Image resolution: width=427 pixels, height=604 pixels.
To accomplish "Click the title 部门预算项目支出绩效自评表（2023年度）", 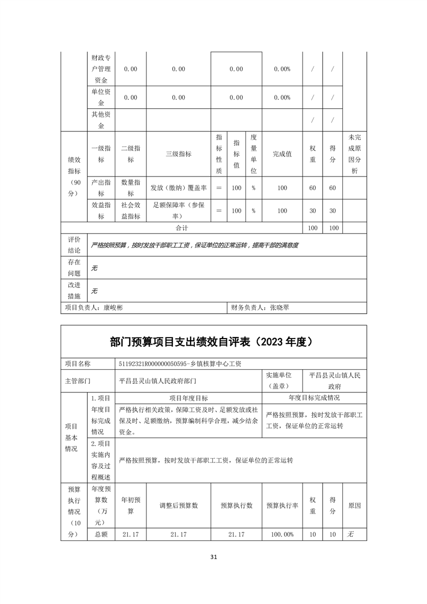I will [x=213, y=341].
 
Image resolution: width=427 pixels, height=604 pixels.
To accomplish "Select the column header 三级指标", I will [x=178, y=153].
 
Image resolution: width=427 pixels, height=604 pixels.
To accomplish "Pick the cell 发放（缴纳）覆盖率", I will [x=178, y=188].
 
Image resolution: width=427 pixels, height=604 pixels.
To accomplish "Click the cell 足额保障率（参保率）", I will [x=178, y=210].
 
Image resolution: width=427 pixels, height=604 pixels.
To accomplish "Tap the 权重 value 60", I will [x=312, y=188].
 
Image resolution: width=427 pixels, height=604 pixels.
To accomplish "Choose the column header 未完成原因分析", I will [x=354, y=153].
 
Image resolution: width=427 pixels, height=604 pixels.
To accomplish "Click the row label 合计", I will [x=181, y=228].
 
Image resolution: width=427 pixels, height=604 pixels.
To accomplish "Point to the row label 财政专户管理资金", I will [x=101, y=69].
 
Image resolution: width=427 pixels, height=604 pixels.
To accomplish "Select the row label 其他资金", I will [x=101, y=120].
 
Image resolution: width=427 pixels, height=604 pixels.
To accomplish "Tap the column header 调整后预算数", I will [x=178, y=505].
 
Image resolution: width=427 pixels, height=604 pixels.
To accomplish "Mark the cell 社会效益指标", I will [x=131, y=210].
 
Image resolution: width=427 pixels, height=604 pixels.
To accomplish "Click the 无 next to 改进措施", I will [x=94, y=291].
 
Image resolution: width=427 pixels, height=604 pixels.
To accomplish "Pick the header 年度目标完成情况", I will [x=314, y=398].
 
